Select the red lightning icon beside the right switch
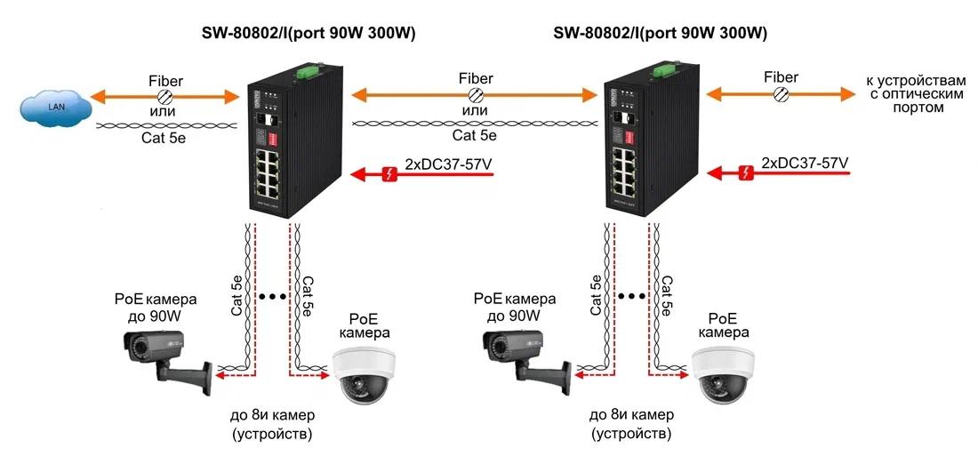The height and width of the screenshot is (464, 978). click(x=746, y=172)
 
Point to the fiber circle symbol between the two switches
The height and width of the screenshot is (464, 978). click(x=476, y=95)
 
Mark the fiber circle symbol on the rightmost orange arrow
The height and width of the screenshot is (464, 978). click(x=782, y=93)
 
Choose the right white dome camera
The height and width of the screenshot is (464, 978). click(x=723, y=375)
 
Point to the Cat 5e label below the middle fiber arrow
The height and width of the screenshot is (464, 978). click(x=476, y=135)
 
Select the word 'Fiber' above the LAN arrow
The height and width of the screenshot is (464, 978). click(x=165, y=81)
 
